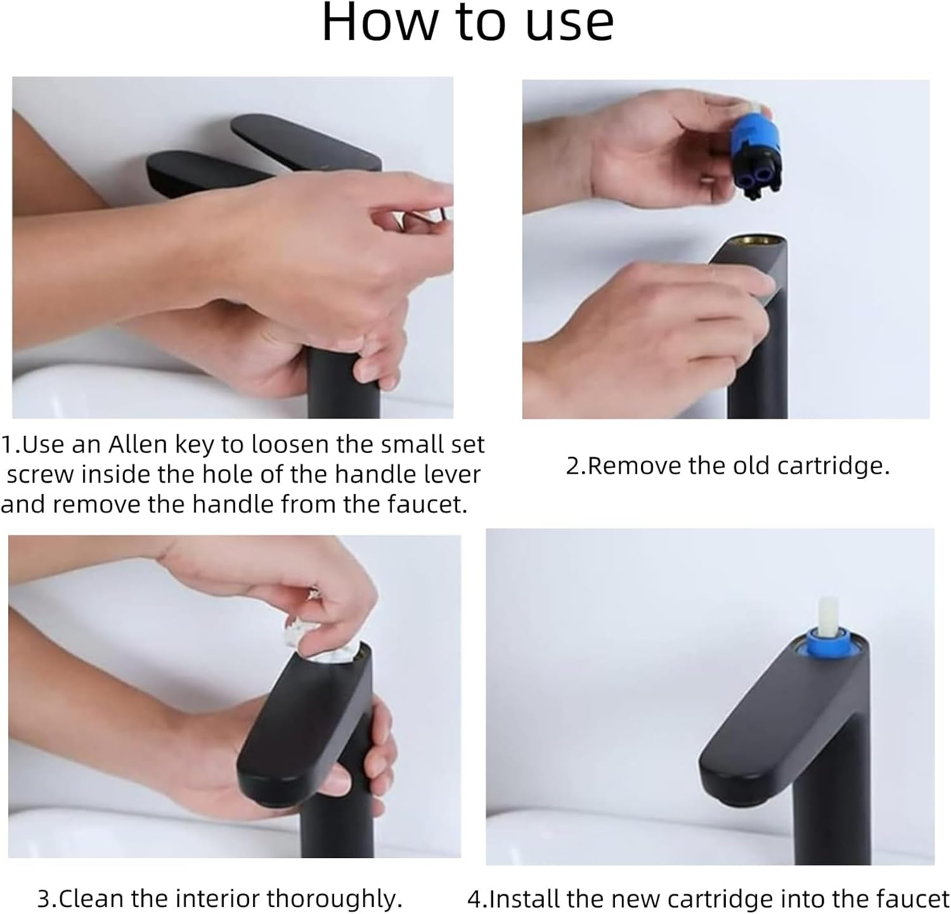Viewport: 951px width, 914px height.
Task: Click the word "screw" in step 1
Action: pyautogui.click(x=40, y=475)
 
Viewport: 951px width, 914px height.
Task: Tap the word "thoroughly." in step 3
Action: pyautogui.click(x=334, y=899)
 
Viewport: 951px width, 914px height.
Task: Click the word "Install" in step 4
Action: pyautogui.click(x=525, y=899)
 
